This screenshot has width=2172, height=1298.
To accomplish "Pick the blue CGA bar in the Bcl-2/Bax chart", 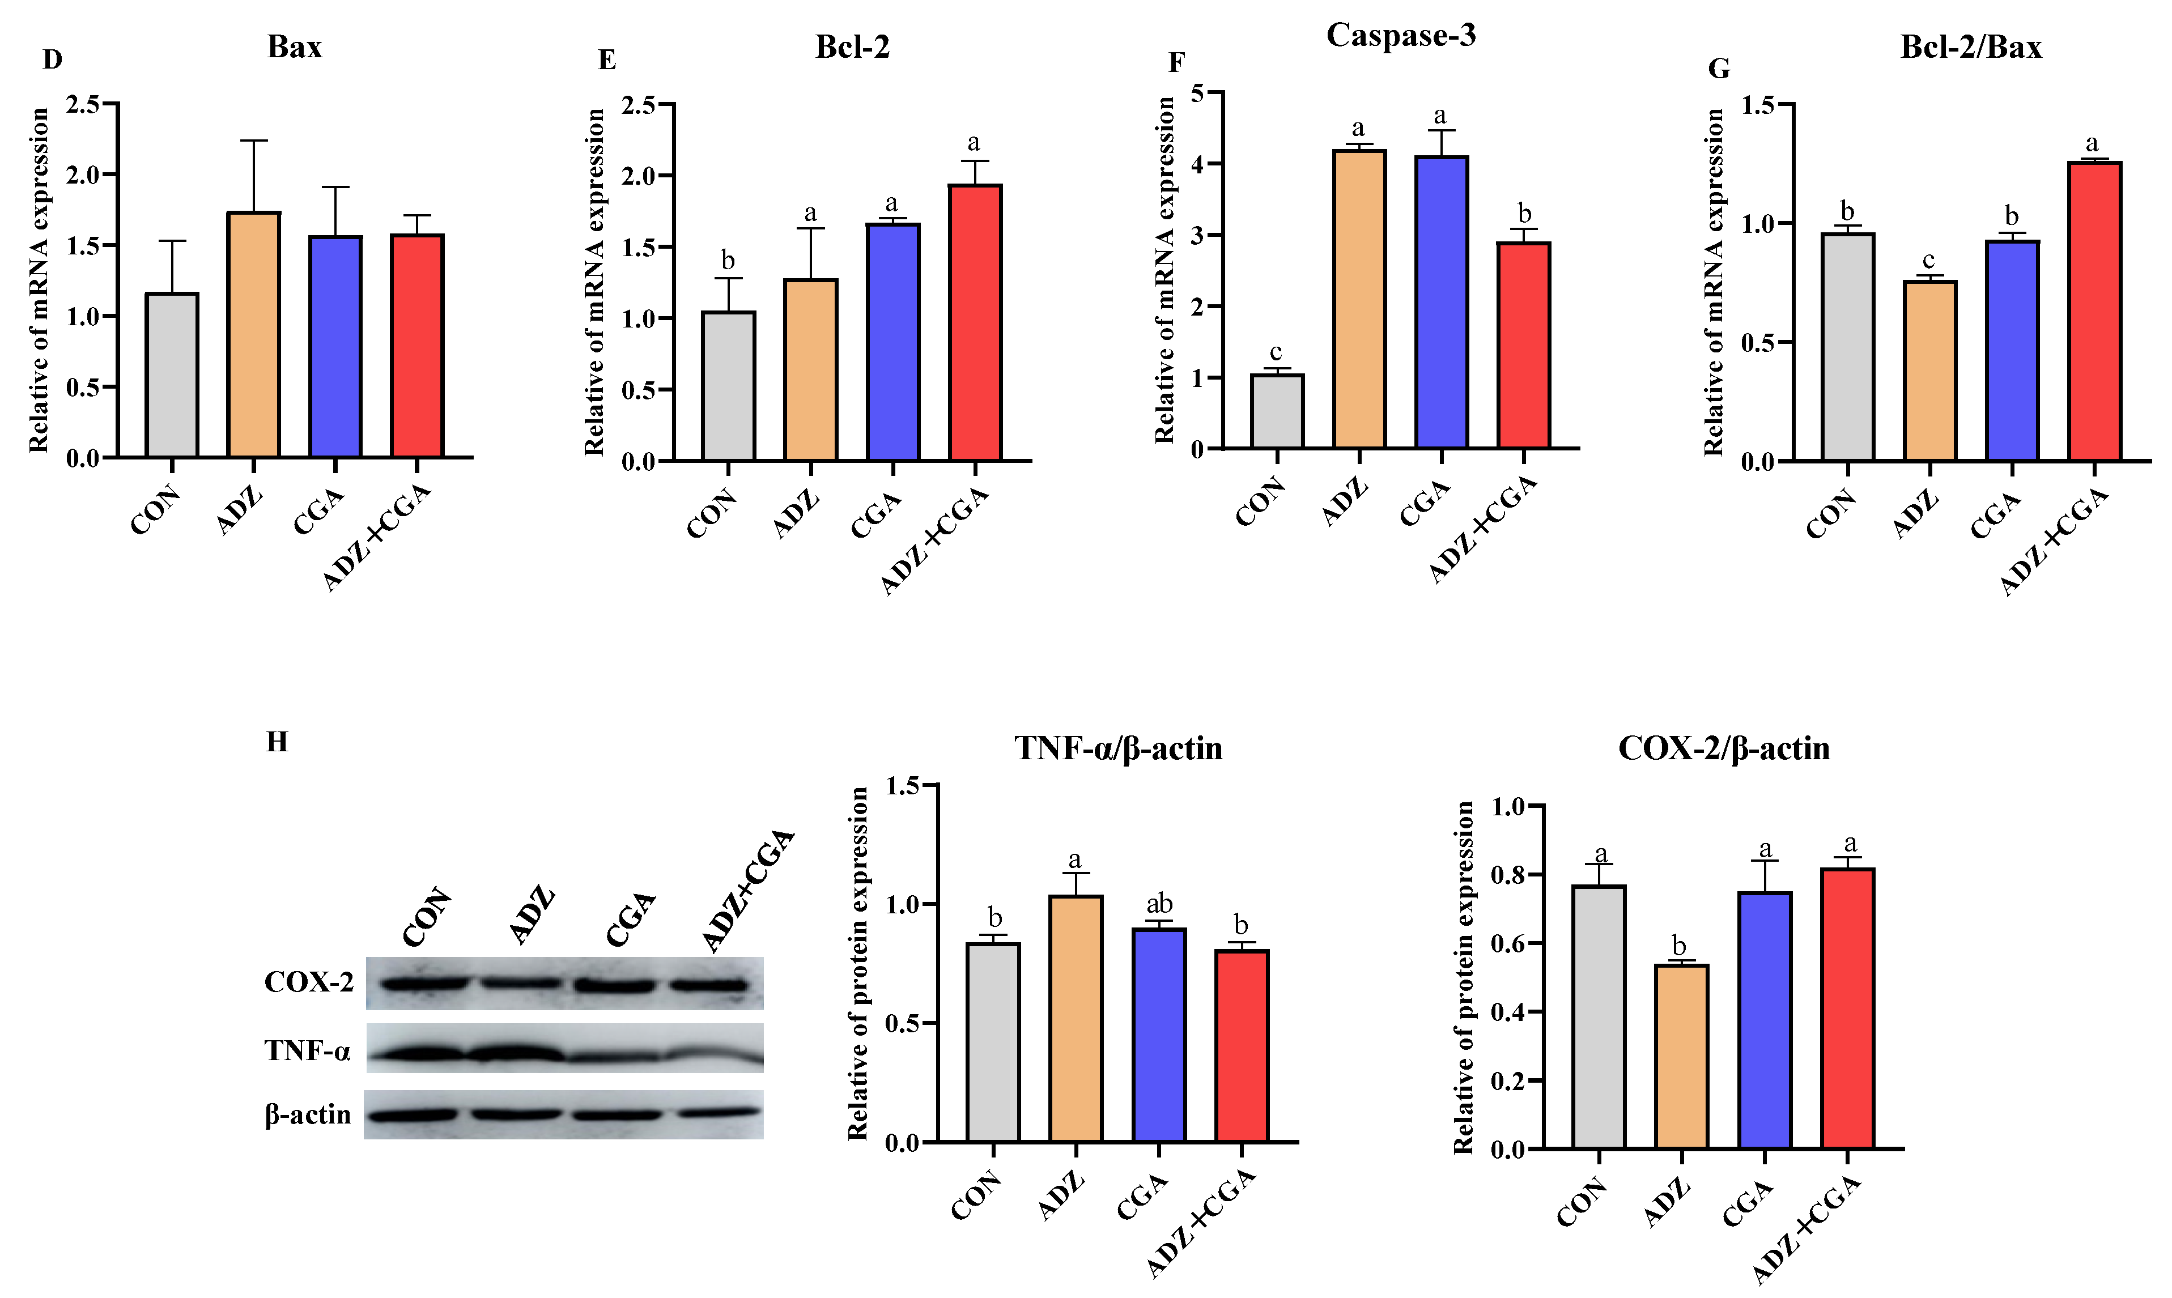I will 2012,350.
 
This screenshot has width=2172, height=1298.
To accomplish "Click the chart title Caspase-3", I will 1400,35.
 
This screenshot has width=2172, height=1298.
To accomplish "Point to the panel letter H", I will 277,742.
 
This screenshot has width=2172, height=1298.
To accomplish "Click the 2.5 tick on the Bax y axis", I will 84,104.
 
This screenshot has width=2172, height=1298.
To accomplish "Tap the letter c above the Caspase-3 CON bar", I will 1276,352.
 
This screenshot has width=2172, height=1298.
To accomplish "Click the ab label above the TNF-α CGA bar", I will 1159,904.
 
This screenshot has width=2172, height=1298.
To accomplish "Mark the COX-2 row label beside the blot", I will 309,982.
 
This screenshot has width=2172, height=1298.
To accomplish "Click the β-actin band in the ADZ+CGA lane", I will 718,1113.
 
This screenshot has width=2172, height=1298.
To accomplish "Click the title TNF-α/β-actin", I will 1118,748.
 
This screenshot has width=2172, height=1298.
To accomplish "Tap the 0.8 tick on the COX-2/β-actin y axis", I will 1508,875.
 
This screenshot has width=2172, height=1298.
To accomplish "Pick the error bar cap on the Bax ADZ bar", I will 254,140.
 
